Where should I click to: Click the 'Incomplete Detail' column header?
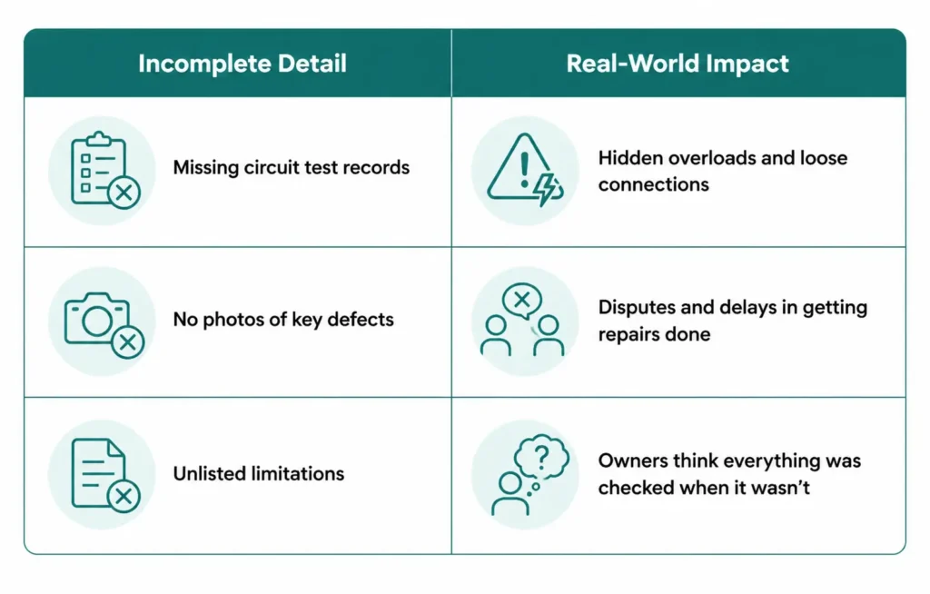tap(242, 64)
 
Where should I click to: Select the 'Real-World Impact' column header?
tap(678, 64)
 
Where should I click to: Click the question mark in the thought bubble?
tap(541, 456)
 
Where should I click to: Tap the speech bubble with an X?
tap(522, 301)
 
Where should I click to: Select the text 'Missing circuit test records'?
tap(292, 167)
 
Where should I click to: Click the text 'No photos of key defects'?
tap(283, 320)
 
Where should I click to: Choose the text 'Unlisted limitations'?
tap(259, 473)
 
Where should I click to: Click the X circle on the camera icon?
tap(127, 342)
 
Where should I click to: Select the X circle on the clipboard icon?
tap(124, 193)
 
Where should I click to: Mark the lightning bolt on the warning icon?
tap(544, 189)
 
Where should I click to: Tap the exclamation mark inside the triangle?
tap(524, 170)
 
